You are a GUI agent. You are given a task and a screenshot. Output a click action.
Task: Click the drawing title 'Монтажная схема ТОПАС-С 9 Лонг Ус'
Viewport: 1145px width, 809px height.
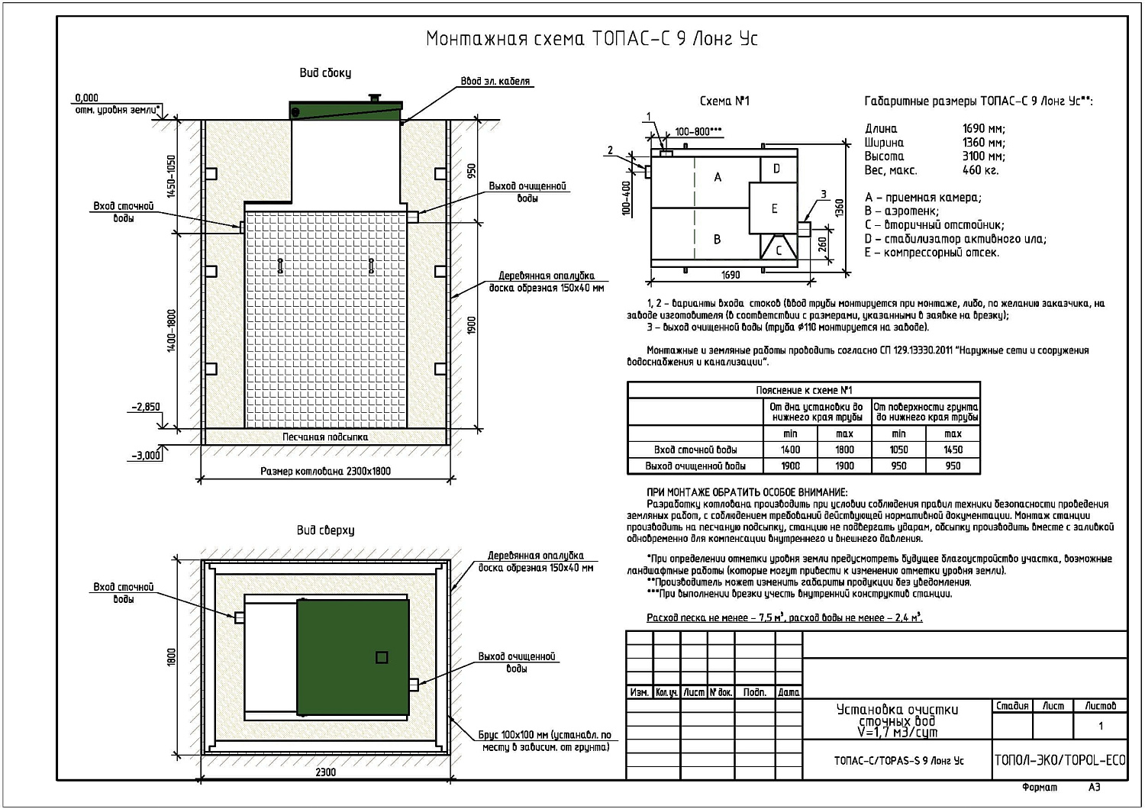tap(592, 39)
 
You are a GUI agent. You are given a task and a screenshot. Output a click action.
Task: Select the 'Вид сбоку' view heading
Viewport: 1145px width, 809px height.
tap(325, 73)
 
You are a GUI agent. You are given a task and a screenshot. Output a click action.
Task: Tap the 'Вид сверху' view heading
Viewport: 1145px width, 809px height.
tap(325, 530)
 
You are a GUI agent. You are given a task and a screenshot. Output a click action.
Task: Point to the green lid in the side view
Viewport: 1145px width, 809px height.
tap(346, 110)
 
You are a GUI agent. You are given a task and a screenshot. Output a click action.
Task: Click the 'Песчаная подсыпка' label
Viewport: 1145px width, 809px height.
tap(325, 437)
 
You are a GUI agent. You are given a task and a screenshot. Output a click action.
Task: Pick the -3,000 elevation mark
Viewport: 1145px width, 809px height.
tap(146, 455)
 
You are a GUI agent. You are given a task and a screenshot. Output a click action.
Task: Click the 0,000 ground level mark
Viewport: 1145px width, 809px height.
tap(86, 98)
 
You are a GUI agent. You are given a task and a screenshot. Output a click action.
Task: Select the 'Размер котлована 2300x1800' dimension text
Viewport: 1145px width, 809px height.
tap(325, 471)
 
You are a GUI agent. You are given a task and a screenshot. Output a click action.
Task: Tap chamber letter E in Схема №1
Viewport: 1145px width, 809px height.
tap(775, 208)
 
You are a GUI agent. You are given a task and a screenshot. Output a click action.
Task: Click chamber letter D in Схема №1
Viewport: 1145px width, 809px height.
tap(776, 169)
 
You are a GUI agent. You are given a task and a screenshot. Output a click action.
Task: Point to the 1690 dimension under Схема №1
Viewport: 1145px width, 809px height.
tap(731, 275)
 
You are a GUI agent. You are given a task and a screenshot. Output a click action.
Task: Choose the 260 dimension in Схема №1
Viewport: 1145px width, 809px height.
tap(822, 244)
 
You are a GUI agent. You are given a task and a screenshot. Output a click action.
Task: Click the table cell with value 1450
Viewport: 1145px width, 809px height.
tap(953, 450)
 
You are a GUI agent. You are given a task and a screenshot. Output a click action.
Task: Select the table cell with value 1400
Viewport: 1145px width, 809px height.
tap(790, 450)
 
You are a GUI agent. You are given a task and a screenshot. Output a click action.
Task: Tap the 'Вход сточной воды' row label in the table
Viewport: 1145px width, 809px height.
tap(695, 450)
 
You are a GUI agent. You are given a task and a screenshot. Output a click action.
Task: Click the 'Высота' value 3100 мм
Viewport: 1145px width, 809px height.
tap(983, 156)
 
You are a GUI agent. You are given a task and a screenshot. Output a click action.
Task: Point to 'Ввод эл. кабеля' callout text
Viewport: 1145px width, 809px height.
tap(495, 81)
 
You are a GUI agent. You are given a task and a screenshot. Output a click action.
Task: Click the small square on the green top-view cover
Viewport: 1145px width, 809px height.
tap(382, 657)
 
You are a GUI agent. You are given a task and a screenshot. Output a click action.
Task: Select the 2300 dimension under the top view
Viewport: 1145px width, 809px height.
tap(325, 772)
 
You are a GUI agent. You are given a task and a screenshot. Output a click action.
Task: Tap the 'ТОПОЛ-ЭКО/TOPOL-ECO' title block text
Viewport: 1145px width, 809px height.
tap(1060, 760)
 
